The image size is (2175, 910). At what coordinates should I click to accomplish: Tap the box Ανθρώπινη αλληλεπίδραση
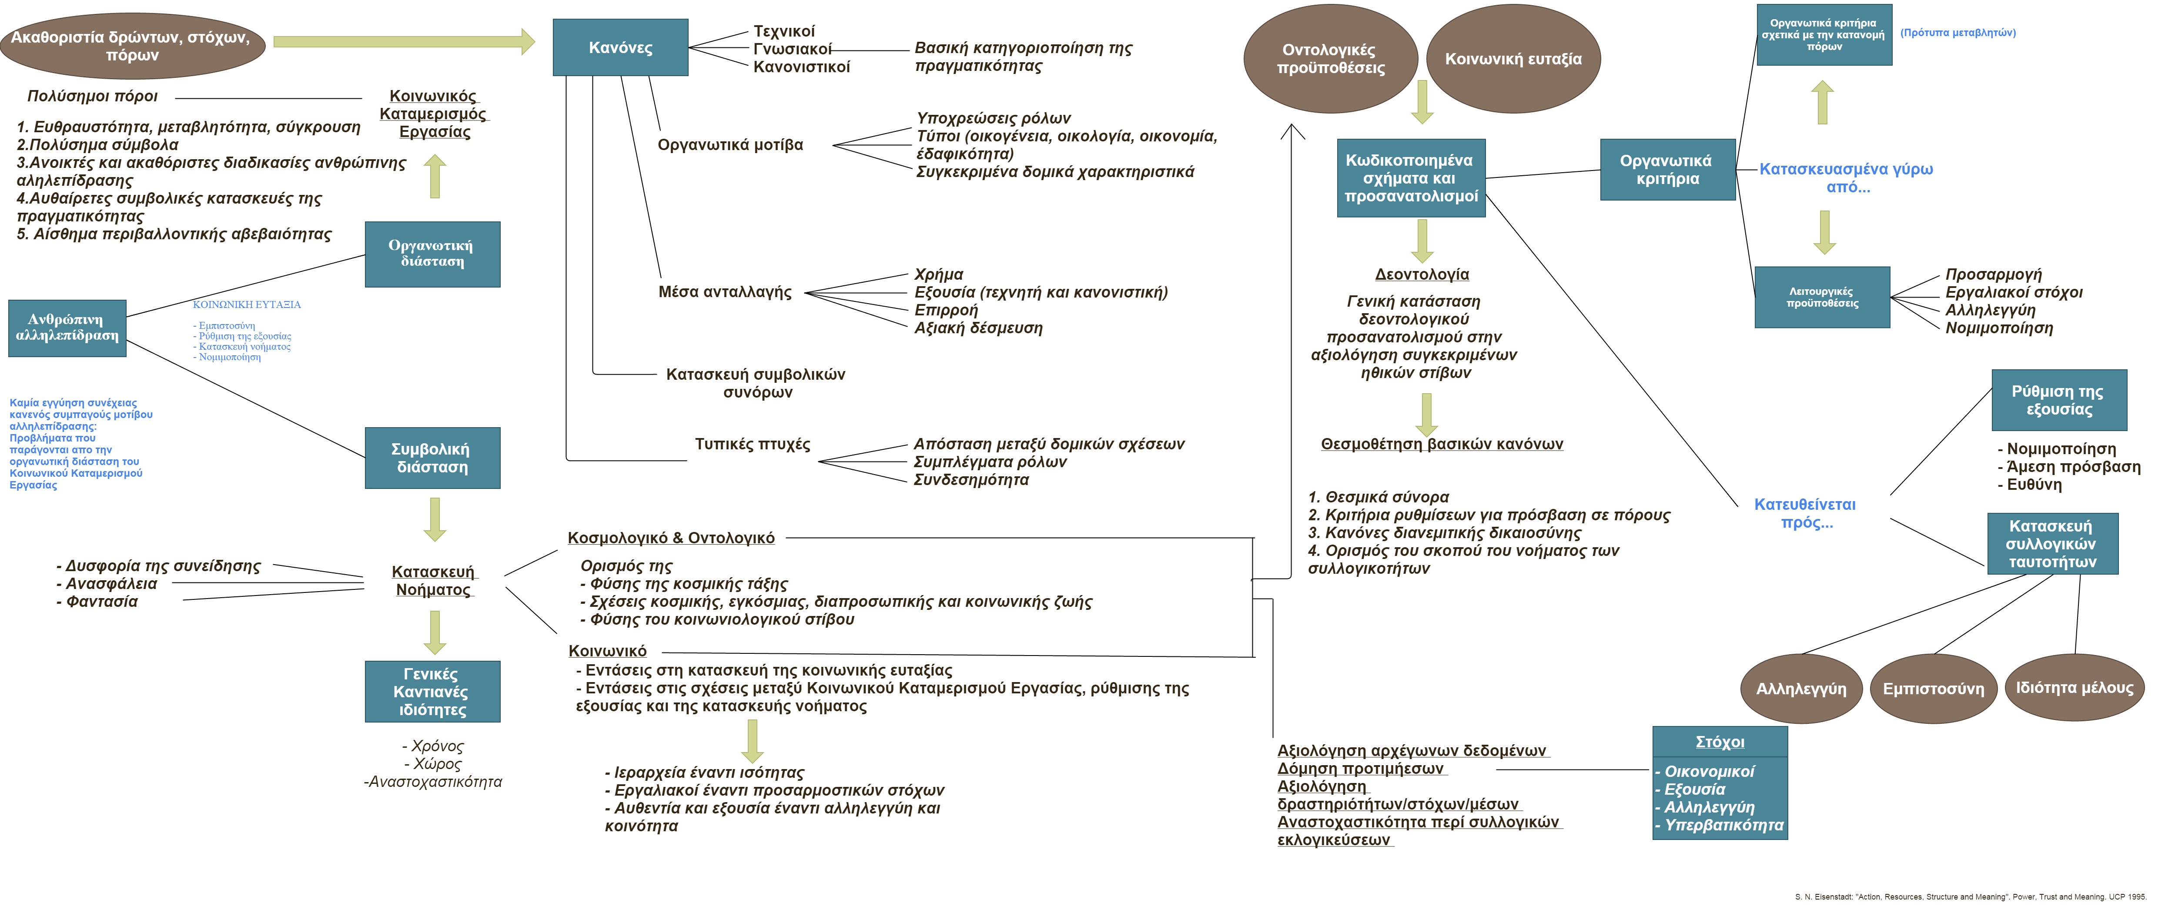click(x=67, y=328)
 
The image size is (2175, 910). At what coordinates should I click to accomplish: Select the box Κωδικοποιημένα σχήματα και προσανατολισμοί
click(x=1410, y=178)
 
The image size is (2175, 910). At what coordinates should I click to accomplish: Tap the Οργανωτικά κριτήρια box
click(x=1667, y=170)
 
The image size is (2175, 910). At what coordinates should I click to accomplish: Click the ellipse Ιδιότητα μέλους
click(x=2074, y=687)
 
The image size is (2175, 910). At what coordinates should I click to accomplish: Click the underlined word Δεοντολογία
click(x=1422, y=274)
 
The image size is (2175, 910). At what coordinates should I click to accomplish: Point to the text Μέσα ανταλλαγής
click(x=724, y=292)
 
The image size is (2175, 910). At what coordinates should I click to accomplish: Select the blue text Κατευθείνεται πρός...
click(x=1805, y=513)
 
